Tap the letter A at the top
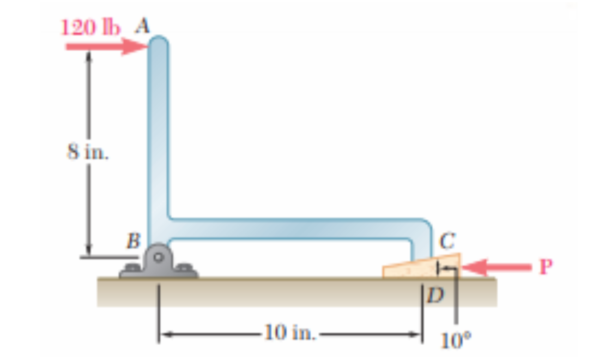click(143, 25)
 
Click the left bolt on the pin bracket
click(131, 268)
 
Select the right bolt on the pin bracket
click(185, 268)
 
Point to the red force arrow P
click(496, 266)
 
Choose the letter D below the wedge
click(434, 297)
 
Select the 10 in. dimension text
click(289, 332)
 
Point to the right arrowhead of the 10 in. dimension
click(416, 332)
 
